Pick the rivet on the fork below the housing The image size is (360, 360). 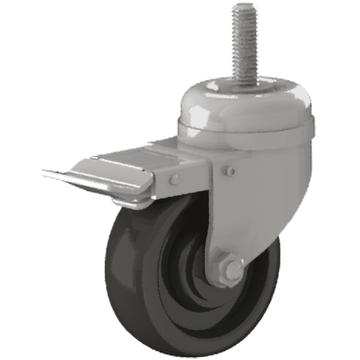[230, 171]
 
